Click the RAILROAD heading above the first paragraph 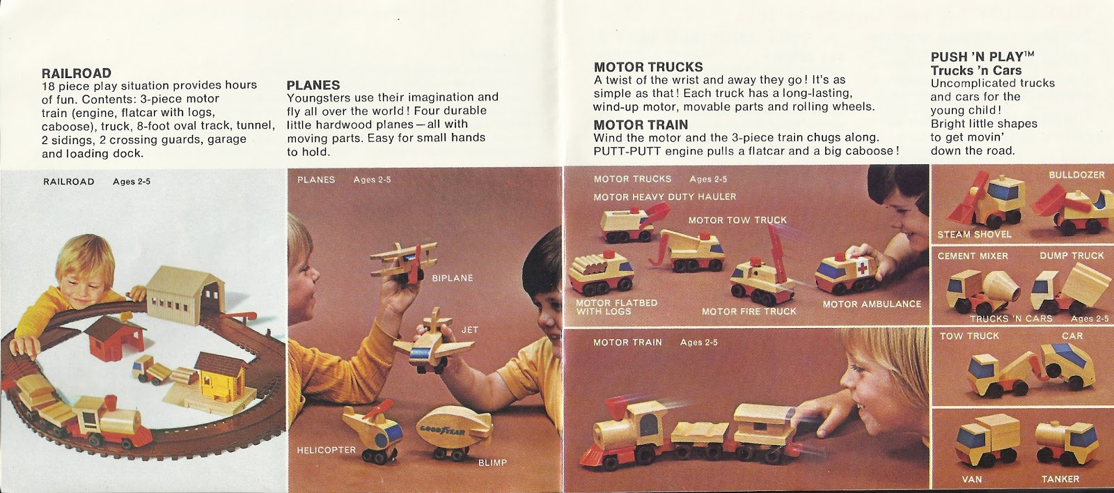77,73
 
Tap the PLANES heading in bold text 313,85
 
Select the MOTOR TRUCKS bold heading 648,67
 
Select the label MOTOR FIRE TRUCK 748,311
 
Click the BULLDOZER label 1076,175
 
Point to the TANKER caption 1060,479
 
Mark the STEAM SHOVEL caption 974,235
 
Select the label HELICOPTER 326,451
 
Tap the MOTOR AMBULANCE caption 872,304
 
